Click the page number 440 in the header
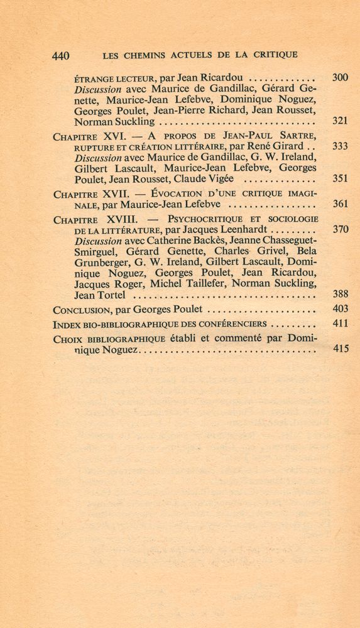tap(60, 56)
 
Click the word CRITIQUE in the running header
tap(272, 55)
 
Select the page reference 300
tap(339, 78)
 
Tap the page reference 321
tap(339, 121)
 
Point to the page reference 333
tap(339, 146)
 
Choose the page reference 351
tap(339, 178)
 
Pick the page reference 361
tap(339, 204)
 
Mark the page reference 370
tap(339, 229)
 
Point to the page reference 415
tap(339, 349)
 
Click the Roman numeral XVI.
tap(115, 136)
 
